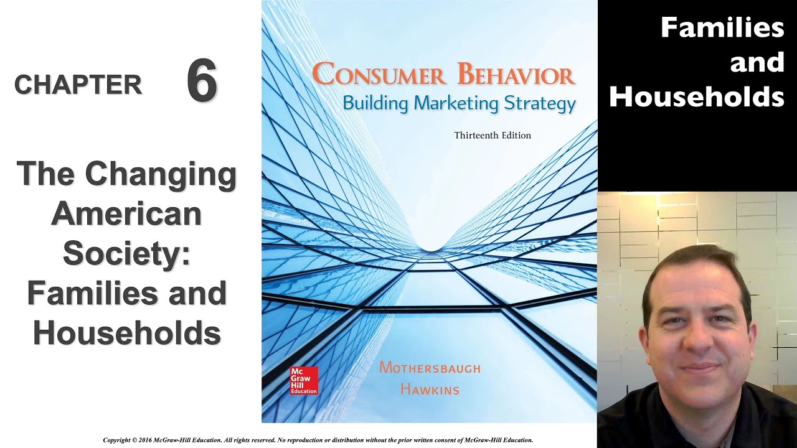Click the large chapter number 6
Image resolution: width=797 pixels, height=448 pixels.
(202, 82)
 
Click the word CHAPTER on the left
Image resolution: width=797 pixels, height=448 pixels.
(78, 85)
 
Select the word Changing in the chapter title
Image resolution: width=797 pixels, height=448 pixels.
(161, 175)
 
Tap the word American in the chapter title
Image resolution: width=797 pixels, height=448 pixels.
(127, 215)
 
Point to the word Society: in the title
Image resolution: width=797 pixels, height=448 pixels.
(127, 254)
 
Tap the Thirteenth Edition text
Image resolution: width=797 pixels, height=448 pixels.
(493, 135)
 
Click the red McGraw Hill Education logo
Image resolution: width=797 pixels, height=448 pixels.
(304, 380)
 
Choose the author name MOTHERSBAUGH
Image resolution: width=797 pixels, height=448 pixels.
(430, 368)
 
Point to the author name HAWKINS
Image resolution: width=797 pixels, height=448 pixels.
(430, 390)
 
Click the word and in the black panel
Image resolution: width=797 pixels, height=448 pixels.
(757, 62)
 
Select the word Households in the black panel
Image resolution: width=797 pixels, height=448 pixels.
(696, 97)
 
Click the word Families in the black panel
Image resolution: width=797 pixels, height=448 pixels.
(722, 27)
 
